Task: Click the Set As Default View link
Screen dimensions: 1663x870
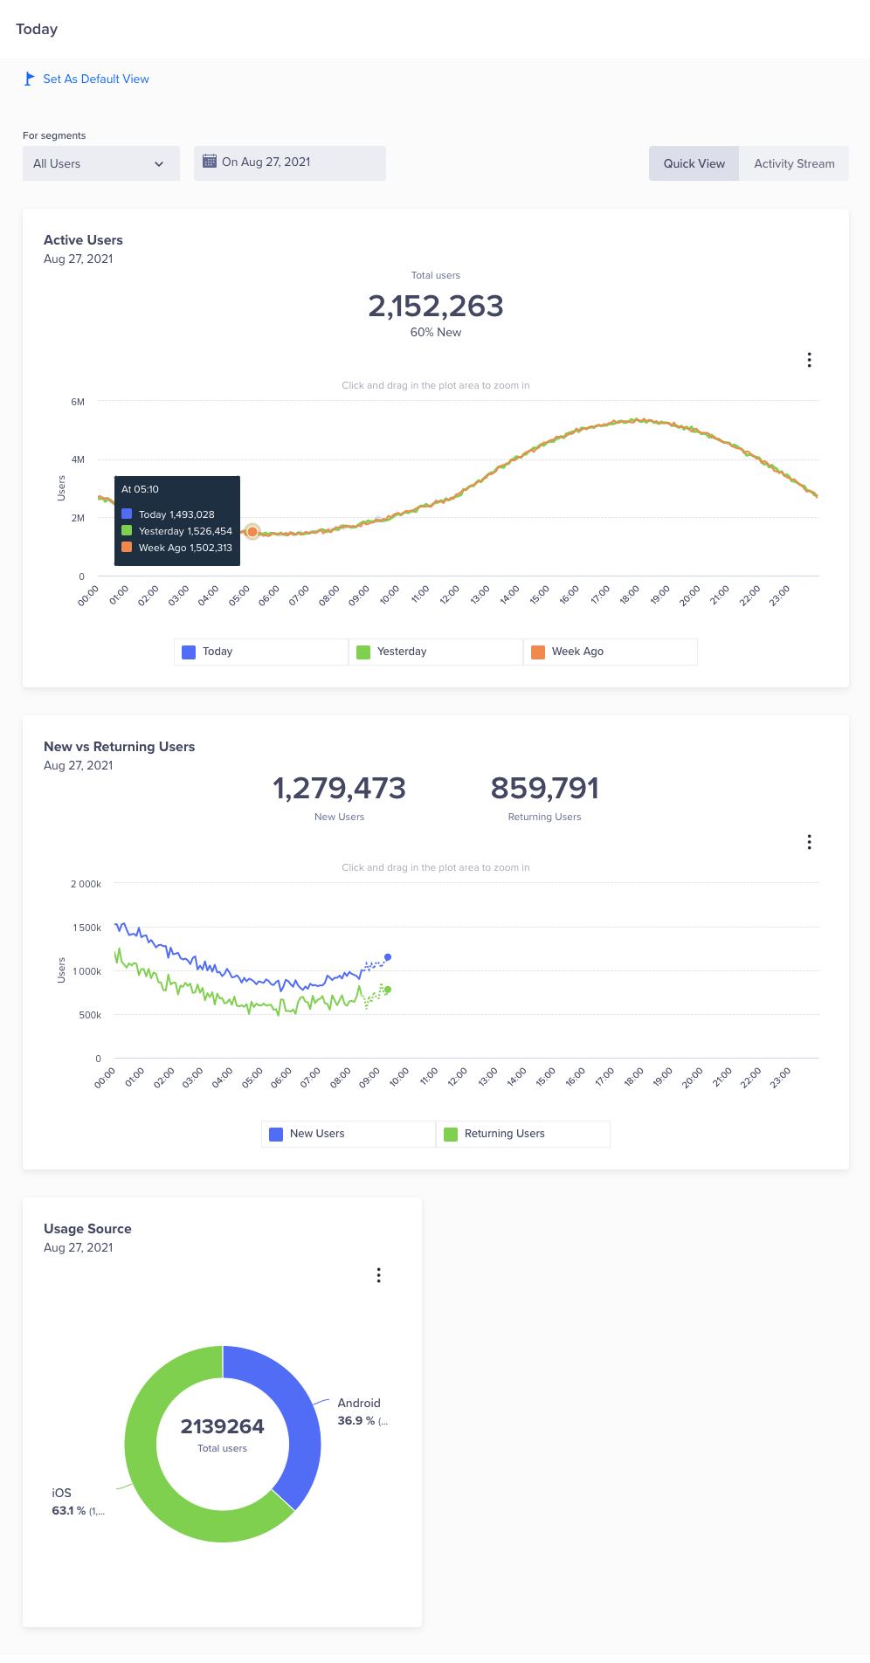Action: [95, 79]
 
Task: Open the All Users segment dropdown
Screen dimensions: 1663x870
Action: [100, 163]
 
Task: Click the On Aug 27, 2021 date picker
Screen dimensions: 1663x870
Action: [289, 162]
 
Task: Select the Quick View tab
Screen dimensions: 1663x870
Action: [694, 163]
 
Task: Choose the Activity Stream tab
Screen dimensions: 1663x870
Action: [794, 163]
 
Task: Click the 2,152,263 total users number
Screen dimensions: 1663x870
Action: [436, 307]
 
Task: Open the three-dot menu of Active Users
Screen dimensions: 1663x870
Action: [810, 360]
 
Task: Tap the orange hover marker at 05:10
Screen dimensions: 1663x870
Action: [252, 531]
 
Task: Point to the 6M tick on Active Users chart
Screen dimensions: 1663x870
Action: [78, 402]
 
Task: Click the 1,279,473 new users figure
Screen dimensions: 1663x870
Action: [339, 789]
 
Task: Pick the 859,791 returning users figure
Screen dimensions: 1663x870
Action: [544, 789]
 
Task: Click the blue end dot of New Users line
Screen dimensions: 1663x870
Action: [388, 957]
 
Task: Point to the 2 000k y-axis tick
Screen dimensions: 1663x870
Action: [86, 884]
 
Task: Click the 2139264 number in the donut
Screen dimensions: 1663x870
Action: [223, 1426]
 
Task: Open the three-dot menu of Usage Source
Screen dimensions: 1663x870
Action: [378, 1275]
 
